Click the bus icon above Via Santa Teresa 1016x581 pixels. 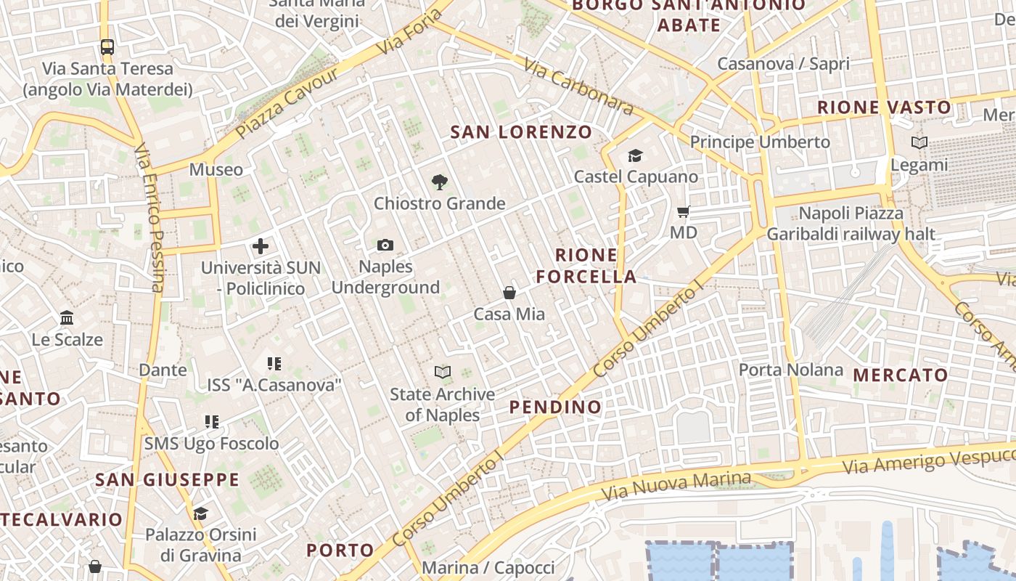(107, 47)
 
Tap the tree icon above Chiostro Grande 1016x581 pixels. (439, 182)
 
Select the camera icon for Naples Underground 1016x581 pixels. (385, 245)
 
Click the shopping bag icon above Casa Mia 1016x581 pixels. (509, 293)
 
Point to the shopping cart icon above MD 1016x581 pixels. (683, 212)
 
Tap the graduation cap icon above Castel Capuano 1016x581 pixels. (635, 155)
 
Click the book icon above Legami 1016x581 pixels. (919, 143)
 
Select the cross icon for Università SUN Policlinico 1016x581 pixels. (261, 246)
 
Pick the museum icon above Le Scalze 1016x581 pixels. (67, 317)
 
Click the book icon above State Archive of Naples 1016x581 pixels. (442, 373)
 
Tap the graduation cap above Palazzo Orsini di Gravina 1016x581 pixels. (200, 514)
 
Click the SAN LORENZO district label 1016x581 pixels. (521, 132)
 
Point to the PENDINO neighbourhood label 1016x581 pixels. (556, 407)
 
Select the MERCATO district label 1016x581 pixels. (901, 375)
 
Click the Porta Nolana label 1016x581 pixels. (791, 370)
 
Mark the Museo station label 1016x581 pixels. (216, 170)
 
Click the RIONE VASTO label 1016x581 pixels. (884, 107)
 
